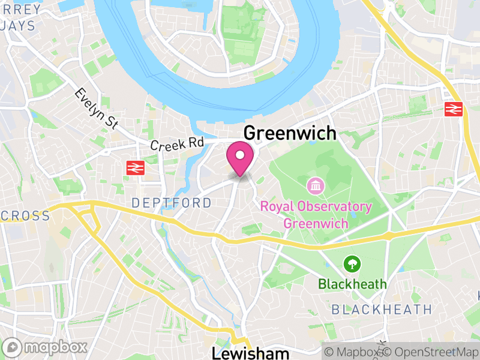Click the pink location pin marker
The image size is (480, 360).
240,157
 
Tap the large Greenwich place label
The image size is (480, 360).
290,133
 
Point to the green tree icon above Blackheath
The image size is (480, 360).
352,263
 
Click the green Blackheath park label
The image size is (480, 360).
352,284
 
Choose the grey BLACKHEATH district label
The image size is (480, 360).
382,310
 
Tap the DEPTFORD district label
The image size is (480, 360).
172,203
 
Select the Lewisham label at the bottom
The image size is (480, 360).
250,352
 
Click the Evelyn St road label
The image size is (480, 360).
96,107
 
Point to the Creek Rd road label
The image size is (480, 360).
177,145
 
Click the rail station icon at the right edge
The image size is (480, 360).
453,109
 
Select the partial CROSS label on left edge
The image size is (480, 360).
25,215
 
